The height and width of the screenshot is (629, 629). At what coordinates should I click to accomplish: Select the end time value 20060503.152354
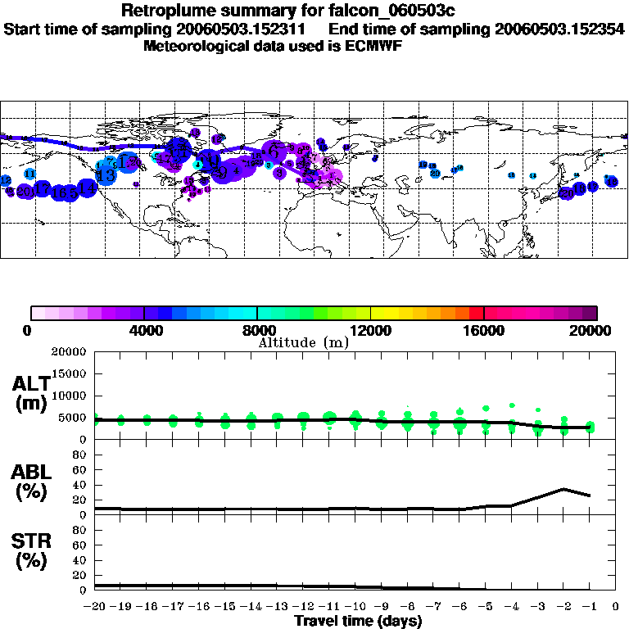(x=560, y=29)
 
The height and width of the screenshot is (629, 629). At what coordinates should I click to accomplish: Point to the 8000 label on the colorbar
(x=257, y=331)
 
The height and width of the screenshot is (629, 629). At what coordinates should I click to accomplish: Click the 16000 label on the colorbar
(x=484, y=331)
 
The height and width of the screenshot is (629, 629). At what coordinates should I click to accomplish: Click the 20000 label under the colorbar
(x=596, y=331)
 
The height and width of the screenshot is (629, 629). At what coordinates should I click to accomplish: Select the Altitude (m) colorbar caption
(x=303, y=342)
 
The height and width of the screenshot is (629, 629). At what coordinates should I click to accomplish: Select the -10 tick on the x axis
(x=355, y=608)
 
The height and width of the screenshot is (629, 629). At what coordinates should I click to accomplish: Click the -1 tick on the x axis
(x=590, y=608)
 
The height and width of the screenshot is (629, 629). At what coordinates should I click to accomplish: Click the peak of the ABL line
(x=563, y=489)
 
